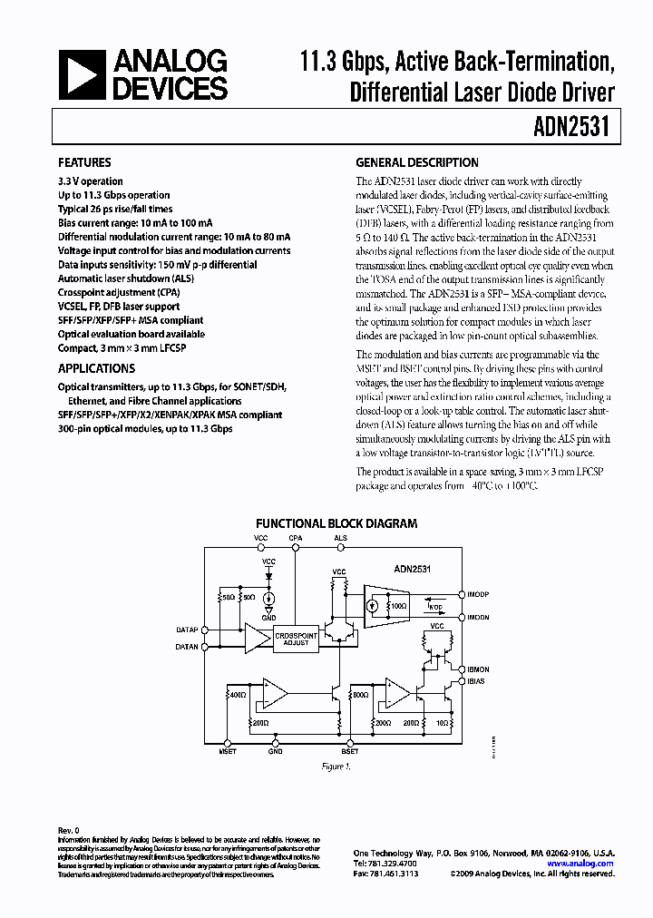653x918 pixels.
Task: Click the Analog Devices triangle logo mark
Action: (81, 75)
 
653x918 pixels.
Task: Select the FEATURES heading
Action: (84, 163)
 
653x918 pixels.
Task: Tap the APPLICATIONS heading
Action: (96, 369)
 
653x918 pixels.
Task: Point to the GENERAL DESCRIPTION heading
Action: (416, 163)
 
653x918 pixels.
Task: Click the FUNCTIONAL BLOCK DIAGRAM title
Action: (336, 523)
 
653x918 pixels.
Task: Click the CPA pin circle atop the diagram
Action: (296, 547)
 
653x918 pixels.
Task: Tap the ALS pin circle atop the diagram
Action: (341, 547)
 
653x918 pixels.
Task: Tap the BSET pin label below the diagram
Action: (349, 752)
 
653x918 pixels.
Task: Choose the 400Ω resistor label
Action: (237, 694)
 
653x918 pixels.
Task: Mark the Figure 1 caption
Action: (336, 767)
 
